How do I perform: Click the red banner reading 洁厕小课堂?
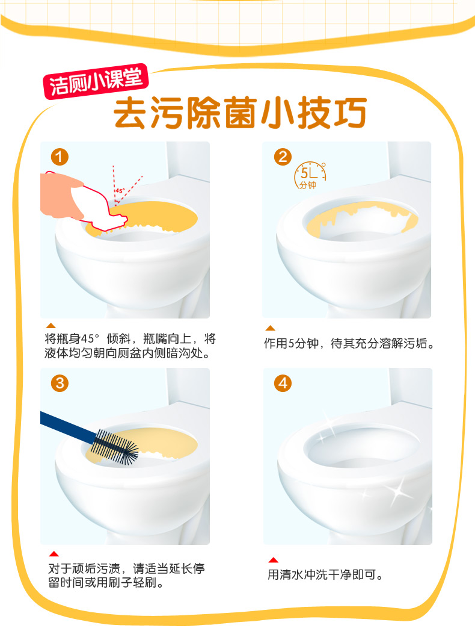[96, 81]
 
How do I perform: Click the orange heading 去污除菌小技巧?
[240, 113]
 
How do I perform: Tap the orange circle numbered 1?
[60, 157]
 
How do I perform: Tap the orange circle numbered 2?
[283, 157]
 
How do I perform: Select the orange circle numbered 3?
[60, 383]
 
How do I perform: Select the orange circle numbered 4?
[283, 383]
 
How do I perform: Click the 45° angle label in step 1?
[120, 190]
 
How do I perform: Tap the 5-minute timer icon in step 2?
[310, 175]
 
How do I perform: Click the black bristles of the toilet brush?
[114, 447]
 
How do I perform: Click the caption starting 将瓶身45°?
[130, 346]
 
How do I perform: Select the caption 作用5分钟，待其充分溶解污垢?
[349, 344]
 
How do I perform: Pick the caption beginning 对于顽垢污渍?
[126, 576]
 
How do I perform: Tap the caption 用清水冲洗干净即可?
[325, 574]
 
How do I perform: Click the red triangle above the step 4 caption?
[274, 560]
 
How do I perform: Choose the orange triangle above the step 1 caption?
[51, 326]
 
